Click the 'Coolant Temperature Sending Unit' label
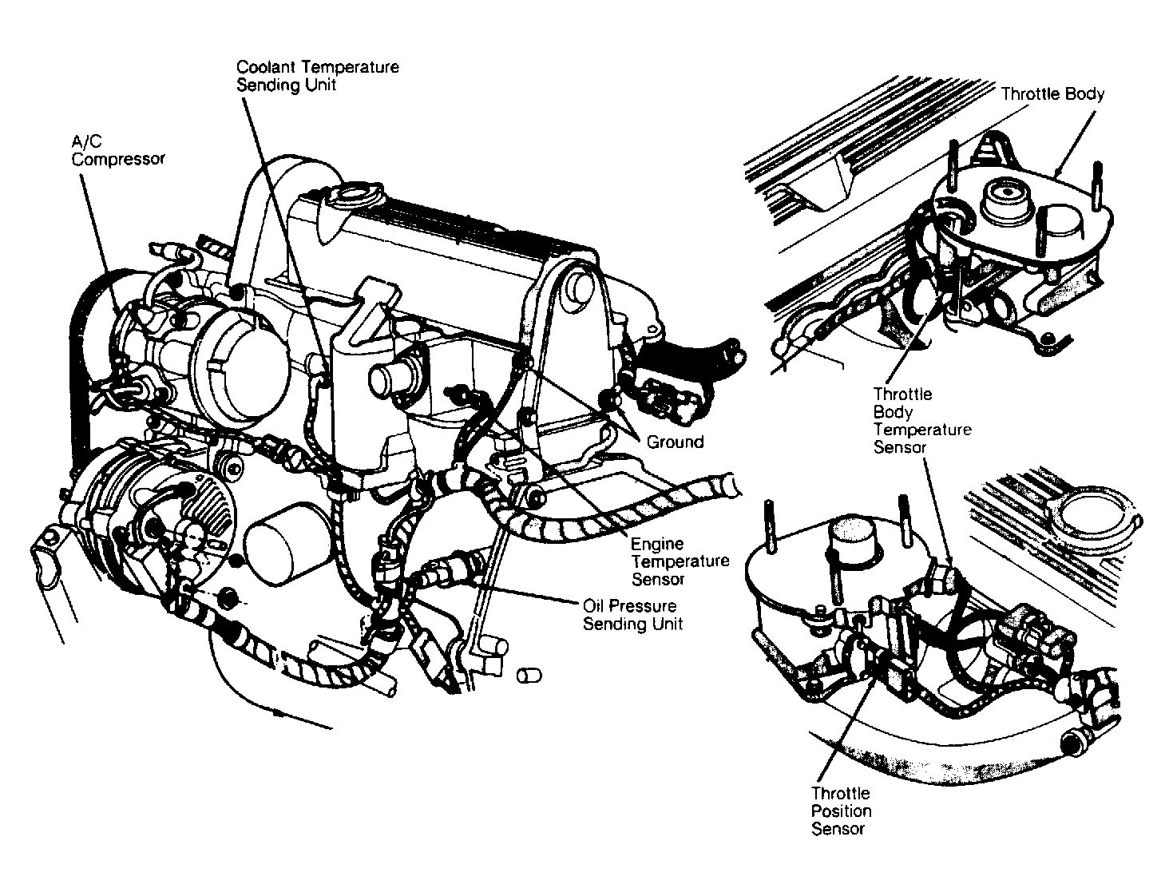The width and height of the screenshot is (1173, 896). [317, 76]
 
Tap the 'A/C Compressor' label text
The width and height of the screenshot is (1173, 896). [117, 150]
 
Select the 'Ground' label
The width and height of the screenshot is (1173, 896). [675, 442]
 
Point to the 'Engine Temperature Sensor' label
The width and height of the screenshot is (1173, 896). [680, 561]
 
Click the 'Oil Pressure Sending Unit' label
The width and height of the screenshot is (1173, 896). [632, 615]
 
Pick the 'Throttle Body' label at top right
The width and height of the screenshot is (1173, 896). [1052, 94]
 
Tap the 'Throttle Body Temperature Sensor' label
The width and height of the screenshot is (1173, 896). [921, 421]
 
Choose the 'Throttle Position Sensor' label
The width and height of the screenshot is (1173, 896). [841, 811]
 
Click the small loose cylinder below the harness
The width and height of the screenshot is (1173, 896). [529, 676]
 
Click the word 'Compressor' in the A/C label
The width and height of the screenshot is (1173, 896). [117, 159]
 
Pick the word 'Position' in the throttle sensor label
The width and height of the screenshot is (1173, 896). [841, 811]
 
